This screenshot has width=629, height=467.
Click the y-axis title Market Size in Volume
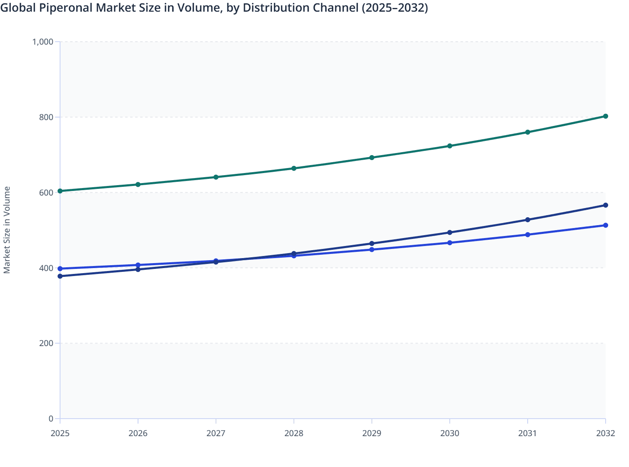7,230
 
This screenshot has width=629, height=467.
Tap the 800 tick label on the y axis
46,117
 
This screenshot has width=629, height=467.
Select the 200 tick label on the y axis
46,343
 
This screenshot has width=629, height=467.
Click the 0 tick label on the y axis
51,419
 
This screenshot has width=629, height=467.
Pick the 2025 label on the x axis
60,433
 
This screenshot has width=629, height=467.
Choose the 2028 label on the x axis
294,433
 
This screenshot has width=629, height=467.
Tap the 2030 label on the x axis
450,433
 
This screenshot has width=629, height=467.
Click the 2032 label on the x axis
605,433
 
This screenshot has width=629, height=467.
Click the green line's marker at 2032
605,116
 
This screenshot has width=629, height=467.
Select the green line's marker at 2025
60,191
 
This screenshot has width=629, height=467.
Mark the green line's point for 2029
372,158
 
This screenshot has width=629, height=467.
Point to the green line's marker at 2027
216,177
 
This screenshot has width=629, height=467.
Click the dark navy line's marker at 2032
605,205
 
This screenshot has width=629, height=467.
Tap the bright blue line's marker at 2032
605,225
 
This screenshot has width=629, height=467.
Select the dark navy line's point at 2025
60,276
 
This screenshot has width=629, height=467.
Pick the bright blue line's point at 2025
60,269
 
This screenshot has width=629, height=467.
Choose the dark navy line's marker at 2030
450,232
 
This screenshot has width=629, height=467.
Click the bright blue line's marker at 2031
528,235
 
